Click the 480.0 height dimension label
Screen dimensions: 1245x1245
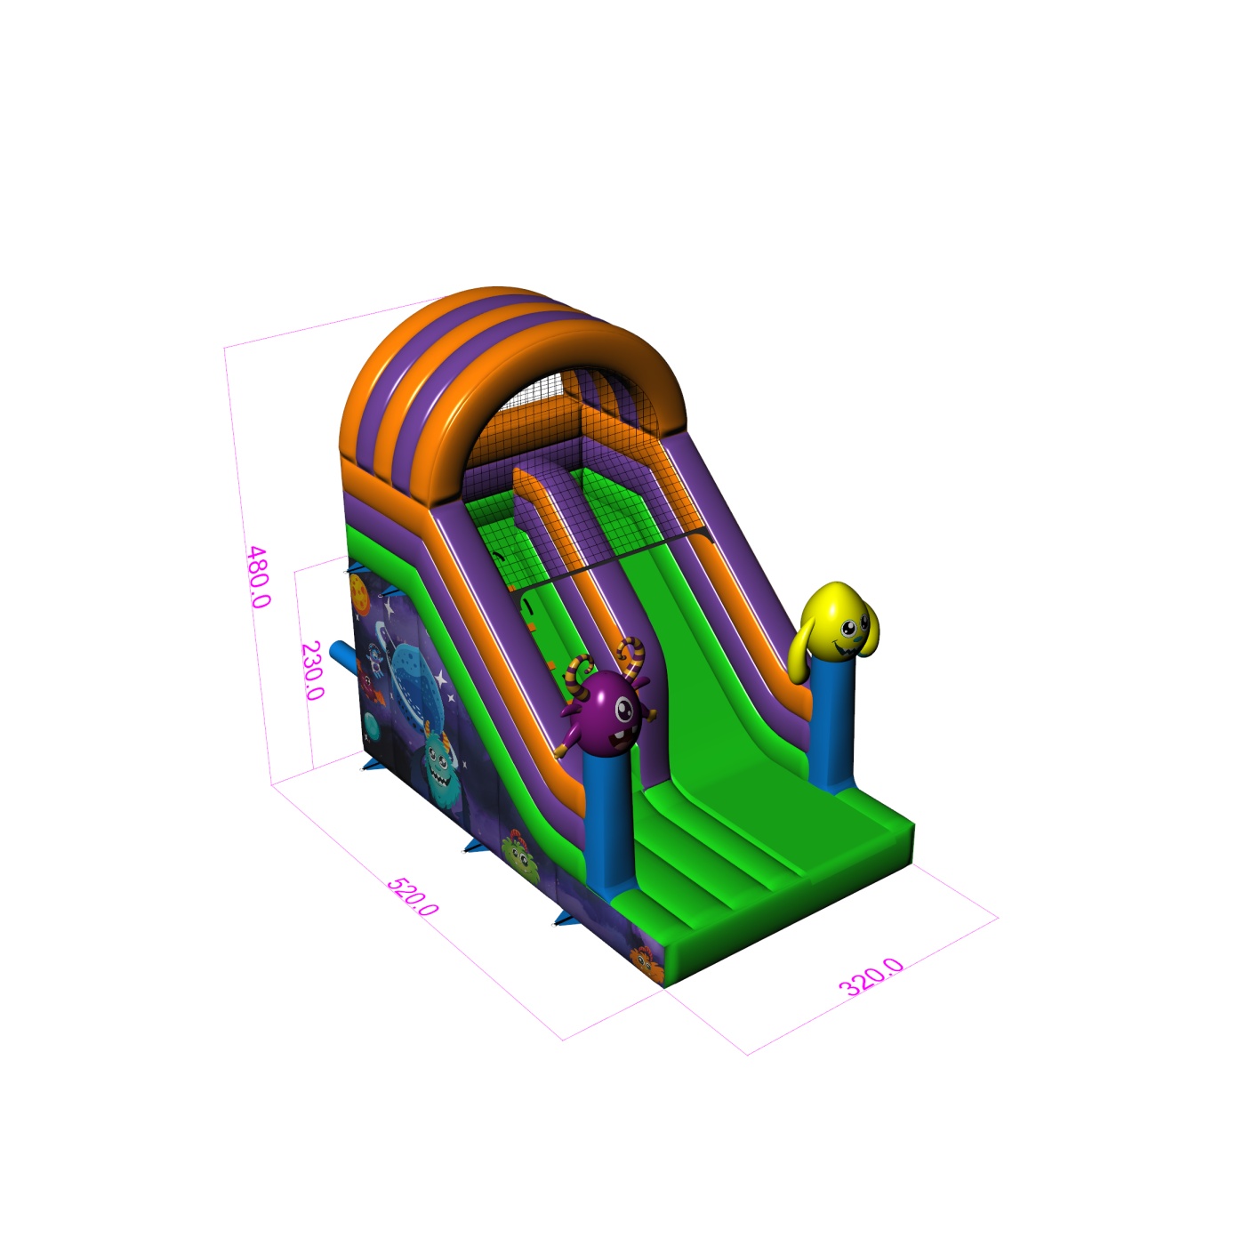click(x=259, y=576)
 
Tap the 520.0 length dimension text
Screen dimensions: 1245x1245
click(x=413, y=896)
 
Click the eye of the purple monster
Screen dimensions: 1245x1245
click(x=623, y=710)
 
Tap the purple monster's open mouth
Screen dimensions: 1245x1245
click(x=618, y=737)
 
